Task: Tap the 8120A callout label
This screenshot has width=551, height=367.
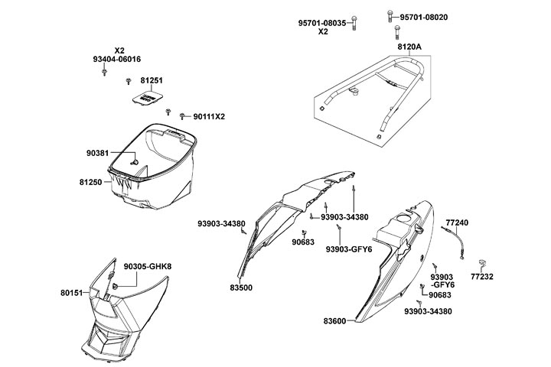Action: point(409,47)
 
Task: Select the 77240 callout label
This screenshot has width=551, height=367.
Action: point(456,222)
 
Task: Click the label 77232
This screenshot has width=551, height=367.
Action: point(482,277)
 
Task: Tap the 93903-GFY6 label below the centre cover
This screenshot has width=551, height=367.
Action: point(349,248)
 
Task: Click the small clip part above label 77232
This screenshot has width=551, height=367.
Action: point(484,261)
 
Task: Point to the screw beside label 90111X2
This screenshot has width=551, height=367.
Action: point(184,116)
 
